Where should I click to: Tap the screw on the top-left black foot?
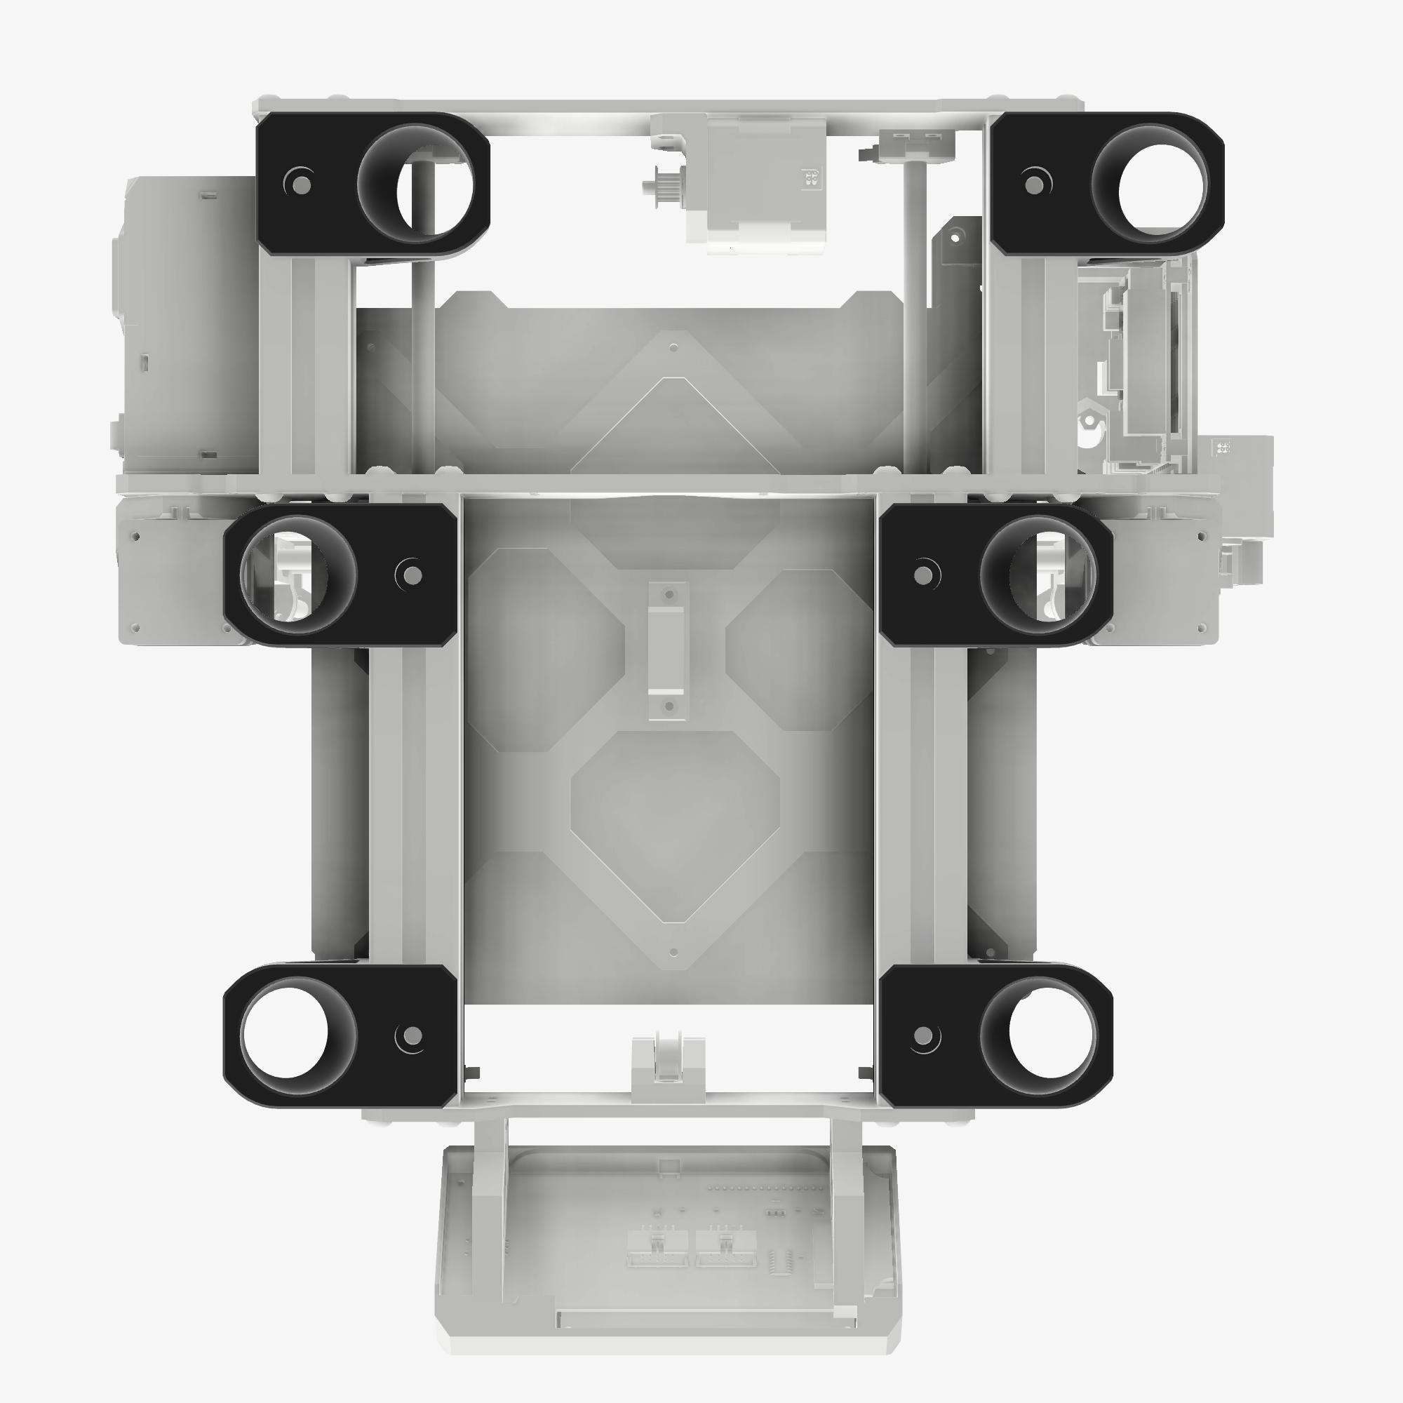point(303,184)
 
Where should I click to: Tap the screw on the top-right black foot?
point(1034,184)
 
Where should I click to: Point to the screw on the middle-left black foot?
point(412,575)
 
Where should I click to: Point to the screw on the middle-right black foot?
point(923,575)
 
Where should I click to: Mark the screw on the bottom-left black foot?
point(411,1035)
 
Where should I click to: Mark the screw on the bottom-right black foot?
point(923,1035)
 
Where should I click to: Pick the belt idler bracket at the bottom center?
point(667,1068)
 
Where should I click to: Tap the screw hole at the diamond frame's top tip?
point(673,348)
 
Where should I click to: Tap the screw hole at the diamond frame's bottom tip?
point(673,952)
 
